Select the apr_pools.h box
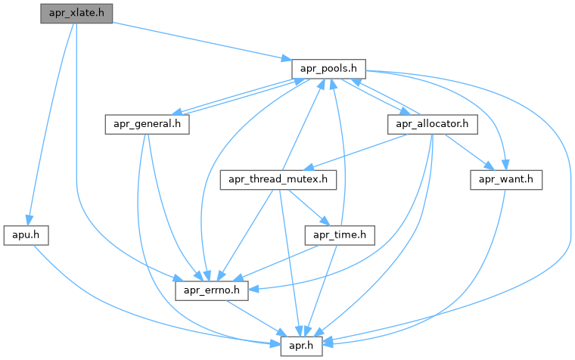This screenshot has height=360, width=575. tap(329, 68)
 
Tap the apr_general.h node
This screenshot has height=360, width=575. tap(146, 124)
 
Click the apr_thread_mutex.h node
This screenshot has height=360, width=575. tap(278, 179)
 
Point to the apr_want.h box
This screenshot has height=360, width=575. tap(506, 179)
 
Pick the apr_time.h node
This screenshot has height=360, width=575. tap(340, 235)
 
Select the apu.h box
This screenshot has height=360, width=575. tap(26, 235)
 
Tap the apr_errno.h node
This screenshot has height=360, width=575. tap(213, 290)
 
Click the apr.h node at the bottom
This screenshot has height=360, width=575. tap(302, 346)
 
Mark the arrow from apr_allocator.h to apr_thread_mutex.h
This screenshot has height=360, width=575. tap(356, 152)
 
